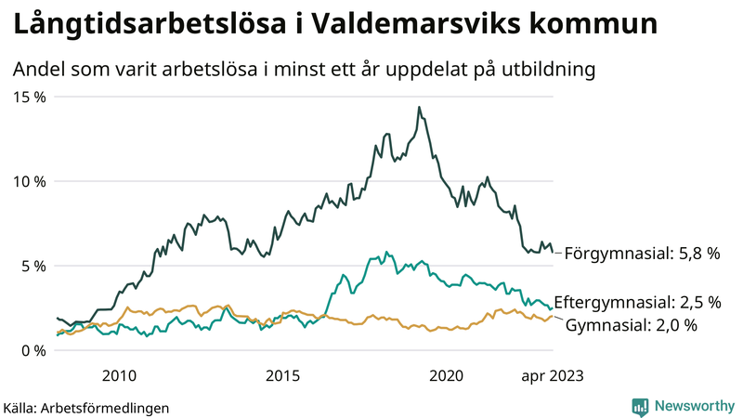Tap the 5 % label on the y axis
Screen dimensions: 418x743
(34, 266)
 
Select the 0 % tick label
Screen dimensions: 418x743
(34, 350)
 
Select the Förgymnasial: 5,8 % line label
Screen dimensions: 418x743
(643, 253)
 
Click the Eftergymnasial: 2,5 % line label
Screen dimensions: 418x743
(644, 303)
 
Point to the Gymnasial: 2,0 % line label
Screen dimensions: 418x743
(631, 324)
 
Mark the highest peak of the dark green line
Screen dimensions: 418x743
(419, 108)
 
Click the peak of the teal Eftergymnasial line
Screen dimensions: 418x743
(385, 252)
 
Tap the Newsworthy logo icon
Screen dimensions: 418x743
(640, 406)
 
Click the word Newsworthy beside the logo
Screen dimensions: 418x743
(692, 406)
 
